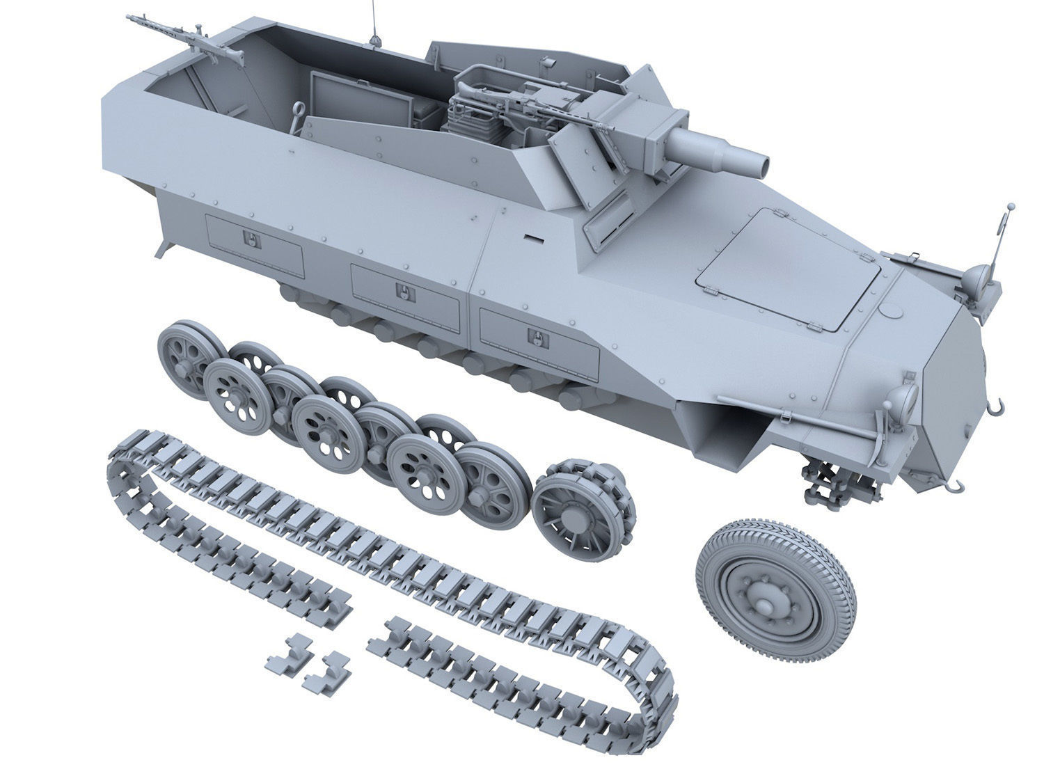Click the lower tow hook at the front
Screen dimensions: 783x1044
coord(958,483)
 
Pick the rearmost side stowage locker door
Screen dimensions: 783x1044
coord(255,244)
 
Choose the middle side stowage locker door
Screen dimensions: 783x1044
coord(405,293)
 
